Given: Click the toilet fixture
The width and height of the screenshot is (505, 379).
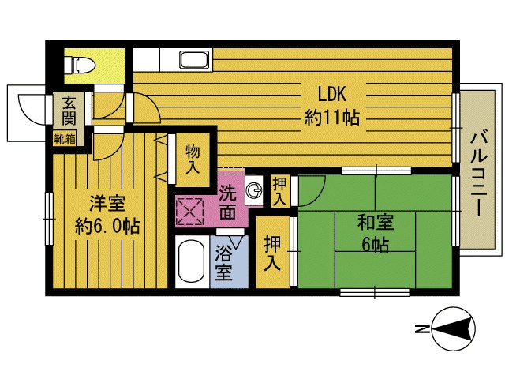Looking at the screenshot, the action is click(80, 66).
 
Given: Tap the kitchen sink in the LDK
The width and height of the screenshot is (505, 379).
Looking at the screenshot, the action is click(194, 60).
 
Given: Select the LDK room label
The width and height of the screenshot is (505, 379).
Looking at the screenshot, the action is click(332, 95).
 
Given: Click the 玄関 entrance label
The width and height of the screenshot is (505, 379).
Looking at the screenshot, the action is click(69, 111).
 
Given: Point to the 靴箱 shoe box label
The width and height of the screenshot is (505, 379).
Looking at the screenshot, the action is click(65, 139).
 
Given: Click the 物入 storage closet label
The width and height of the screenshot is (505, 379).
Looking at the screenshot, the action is click(193, 159).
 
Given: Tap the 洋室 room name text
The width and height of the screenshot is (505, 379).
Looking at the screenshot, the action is click(107, 204).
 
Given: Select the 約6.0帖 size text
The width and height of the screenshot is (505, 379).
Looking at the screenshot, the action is click(107, 227).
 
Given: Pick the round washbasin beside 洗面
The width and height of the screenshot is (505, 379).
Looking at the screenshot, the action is click(254, 190).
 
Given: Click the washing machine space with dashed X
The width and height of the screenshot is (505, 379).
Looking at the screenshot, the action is click(189, 212).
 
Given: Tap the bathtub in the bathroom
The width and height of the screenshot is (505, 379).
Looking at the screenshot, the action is click(191, 262).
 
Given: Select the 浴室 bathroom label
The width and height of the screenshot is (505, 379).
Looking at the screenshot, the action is click(223, 263).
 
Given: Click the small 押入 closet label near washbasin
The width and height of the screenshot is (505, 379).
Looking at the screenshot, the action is click(279, 192).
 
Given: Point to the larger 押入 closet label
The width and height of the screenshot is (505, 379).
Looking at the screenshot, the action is click(272, 253).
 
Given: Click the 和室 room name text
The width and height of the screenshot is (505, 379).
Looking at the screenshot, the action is click(376, 223).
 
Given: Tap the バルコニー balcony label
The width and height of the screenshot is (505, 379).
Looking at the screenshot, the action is click(479, 173).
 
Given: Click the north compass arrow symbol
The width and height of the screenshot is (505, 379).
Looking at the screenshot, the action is click(454, 329).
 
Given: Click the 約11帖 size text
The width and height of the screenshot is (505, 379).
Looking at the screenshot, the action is click(332, 118).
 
